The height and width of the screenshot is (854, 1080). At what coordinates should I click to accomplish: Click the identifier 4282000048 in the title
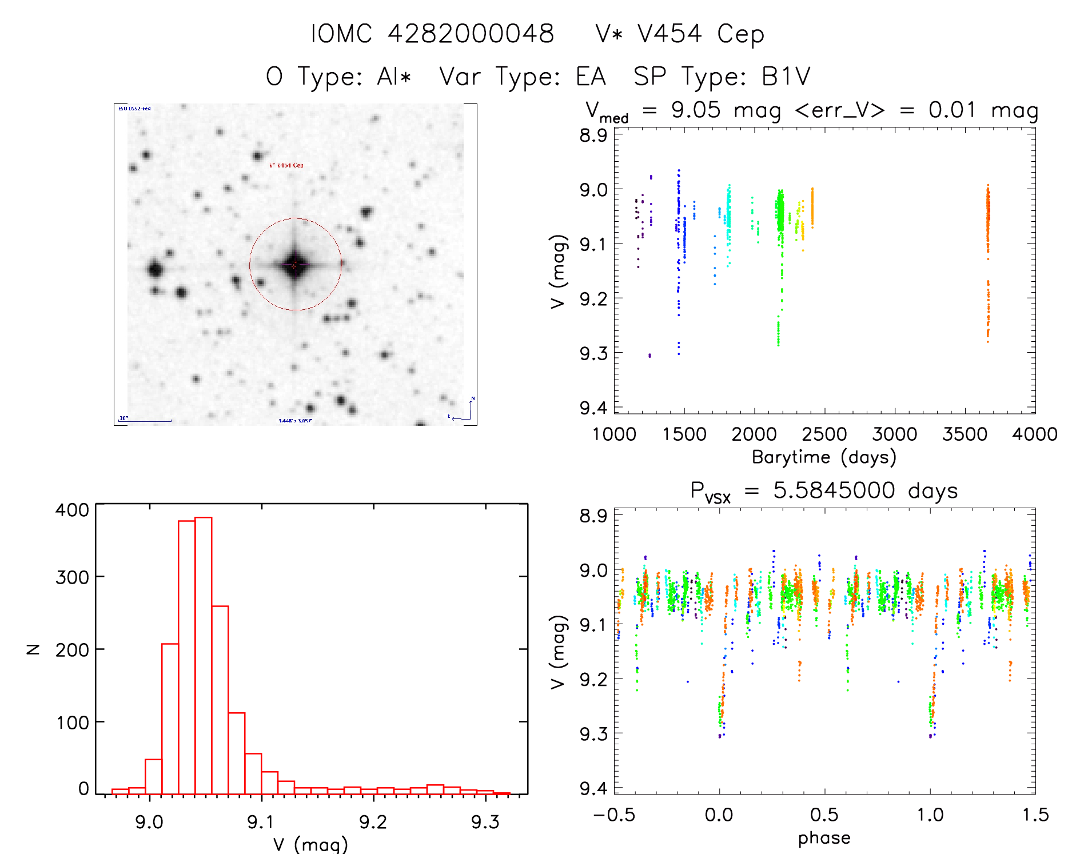pyautogui.click(x=471, y=34)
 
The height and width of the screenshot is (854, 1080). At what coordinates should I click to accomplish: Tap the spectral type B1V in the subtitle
pyautogui.click(x=786, y=77)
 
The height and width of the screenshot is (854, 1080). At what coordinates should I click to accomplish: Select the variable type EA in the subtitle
pyautogui.click(x=591, y=77)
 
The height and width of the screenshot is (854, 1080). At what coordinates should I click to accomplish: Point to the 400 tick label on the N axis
pyautogui.click(x=73, y=510)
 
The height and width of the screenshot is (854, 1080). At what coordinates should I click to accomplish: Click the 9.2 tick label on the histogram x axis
pyautogui.click(x=373, y=822)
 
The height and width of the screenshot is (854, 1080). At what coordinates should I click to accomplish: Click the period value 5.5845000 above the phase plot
pyautogui.click(x=834, y=490)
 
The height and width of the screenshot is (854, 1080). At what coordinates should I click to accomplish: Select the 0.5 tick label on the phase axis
pyautogui.click(x=824, y=815)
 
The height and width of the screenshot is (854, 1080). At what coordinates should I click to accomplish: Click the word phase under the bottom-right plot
pyautogui.click(x=824, y=838)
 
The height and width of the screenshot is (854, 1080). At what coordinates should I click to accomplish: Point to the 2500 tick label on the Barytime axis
pyautogui.click(x=824, y=434)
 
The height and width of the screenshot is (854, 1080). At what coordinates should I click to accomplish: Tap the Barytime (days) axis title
pyautogui.click(x=824, y=457)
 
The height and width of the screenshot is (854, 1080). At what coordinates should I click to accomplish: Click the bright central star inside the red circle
pyautogui.click(x=295, y=265)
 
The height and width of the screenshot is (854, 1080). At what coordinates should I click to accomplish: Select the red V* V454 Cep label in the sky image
pyautogui.click(x=286, y=165)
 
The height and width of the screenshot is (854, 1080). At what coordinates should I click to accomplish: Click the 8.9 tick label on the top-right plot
pyautogui.click(x=593, y=135)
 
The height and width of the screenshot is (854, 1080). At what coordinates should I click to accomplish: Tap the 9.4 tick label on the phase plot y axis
pyautogui.click(x=593, y=788)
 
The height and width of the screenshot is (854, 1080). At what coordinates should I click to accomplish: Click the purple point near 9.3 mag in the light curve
pyautogui.click(x=649, y=356)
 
